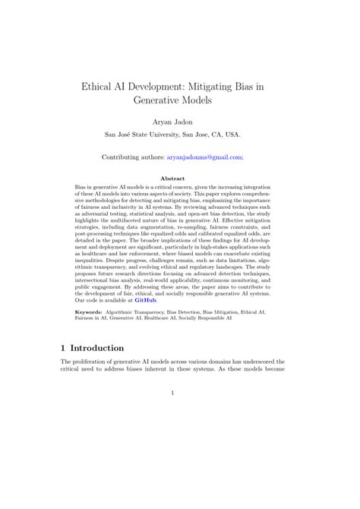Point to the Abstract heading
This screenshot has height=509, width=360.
point(179,179)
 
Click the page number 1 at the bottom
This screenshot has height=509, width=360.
point(173,414)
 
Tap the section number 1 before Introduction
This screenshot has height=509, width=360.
point(64,347)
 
